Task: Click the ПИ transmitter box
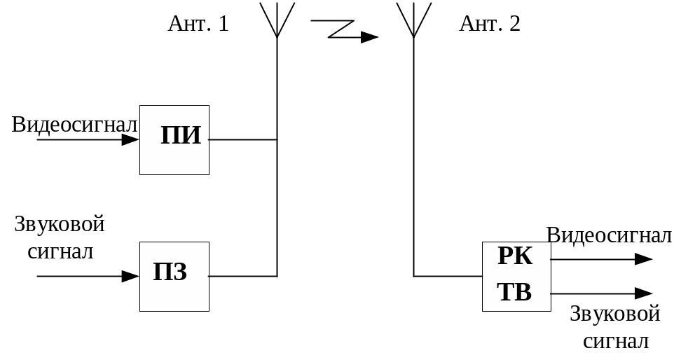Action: point(174,139)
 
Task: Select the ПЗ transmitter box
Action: point(174,276)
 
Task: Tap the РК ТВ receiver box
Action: point(516,276)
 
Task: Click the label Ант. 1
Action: point(198,24)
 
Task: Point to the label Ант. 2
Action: point(490,24)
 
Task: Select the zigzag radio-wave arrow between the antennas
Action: point(344,31)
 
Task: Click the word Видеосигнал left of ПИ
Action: point(75,125)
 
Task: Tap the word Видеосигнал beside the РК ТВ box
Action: point(609,235)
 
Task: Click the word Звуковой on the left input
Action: point(60,226)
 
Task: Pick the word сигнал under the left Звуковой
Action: point(61,251)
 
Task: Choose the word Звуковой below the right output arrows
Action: point(615,314)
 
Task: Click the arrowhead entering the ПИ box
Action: point(131,139)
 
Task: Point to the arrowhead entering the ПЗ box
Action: point(131,276)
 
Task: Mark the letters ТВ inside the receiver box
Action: point(515,292)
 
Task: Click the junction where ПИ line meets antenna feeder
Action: point(277,139)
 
